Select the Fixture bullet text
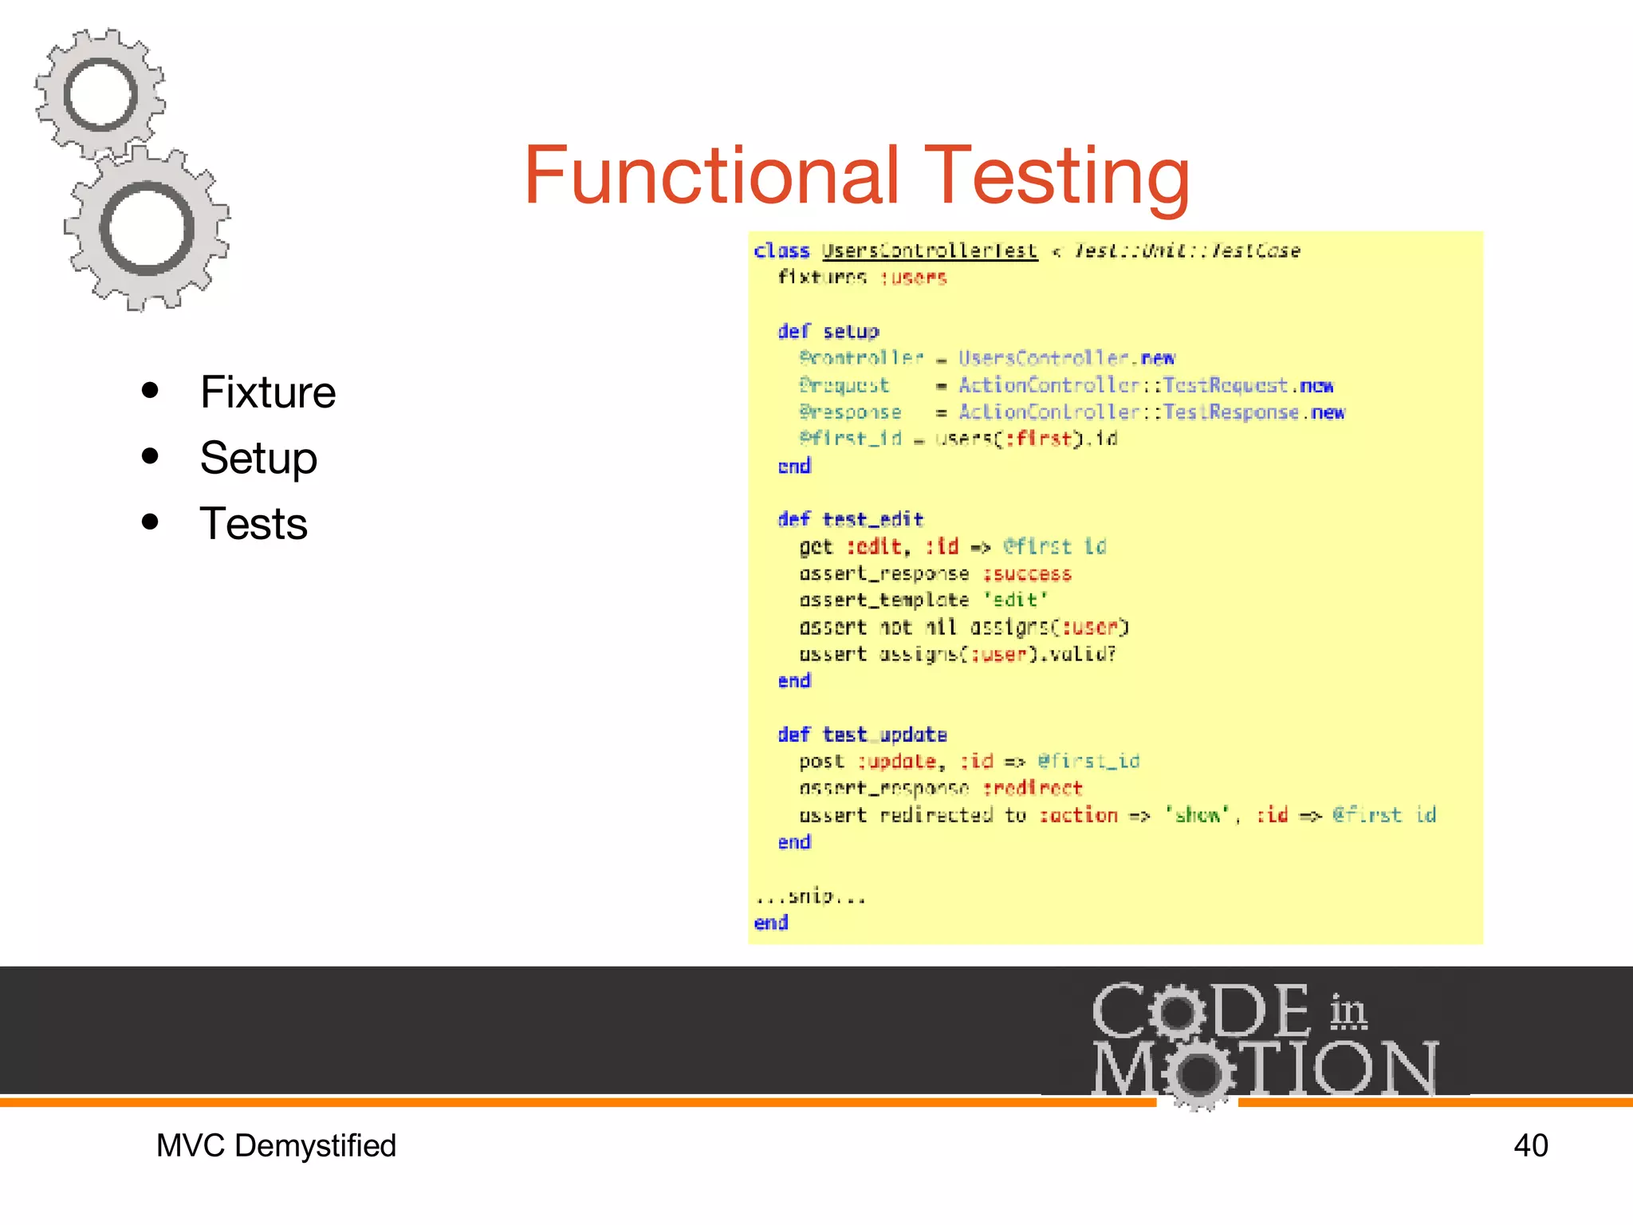[x=268, y=392]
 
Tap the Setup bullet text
[x=258, y=458]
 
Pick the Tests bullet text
[x=254, y=524]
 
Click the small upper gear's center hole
[x=100, y=94]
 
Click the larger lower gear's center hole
[x=148, y=229]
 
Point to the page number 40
[x=1530, y=1146]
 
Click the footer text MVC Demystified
[x=276, y=1146]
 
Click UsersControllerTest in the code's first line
[x=930, y=251]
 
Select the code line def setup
[x=828, y=331]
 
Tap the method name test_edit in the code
[x=873, y=520]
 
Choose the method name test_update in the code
[x=885, y=735]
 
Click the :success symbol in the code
[x=1027, y=574]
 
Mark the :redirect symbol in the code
[x=1033, y=788]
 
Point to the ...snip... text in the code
[x=810, y=896]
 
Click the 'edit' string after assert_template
[x=1016, y=601]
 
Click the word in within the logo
[x=1348, y=1011]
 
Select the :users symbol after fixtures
[x=914, y=278]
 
